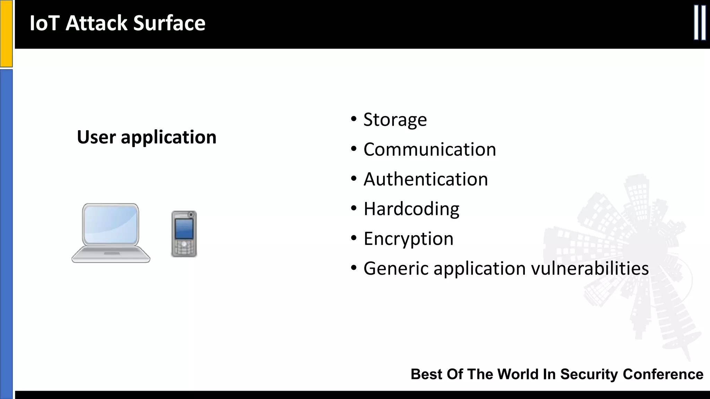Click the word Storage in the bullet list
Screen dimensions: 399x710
tap(395, 120)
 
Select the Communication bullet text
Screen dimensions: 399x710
tap(430, 150)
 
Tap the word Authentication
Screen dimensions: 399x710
tap(425, 179)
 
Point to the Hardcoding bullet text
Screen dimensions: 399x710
tap(411, 209)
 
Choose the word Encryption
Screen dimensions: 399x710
tap(408, 239)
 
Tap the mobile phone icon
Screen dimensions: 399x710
tap(184, 234)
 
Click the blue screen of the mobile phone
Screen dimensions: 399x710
tap(184, 228)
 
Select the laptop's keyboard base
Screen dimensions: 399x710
tap(111, 255)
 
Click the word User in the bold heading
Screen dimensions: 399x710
tap(96, 137)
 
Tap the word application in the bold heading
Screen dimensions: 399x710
tap(168, 138)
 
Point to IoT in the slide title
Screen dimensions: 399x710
tap(44, 23)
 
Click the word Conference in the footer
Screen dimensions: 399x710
tap(663, 374)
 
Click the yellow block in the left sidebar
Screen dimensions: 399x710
tap(6, 33)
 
